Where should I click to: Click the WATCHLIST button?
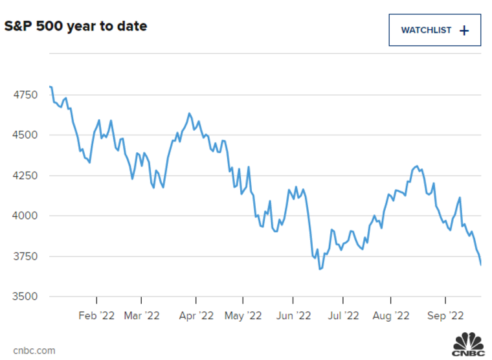pyautogui.click(x=434, y=30)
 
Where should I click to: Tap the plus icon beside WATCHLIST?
pyautogui.click(x=464, y=30)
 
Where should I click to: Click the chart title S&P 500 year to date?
pyautogui.click(x=76, y=27)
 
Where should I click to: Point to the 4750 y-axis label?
pyautogui.click(x=25, y=95)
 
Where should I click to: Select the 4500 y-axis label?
pyautogui.click(x=25, y=135)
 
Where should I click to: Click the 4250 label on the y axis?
pyautogui.click(x=25, y=175)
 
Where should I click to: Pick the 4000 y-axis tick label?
pyautogui.click(x=25, y=216)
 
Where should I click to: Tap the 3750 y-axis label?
pyautogui.click(x=25, y=256)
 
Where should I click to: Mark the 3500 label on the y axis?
pyautogui.click(x=25, y=297)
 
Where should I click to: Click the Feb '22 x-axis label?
pyautogui.click(x=96, y=315)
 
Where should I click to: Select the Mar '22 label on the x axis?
pyautogui.click(x=142, y=315)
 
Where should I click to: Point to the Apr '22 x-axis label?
pyautogui.click(x=196, y=315)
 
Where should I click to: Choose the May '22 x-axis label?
pyautogui.click(x=243, y=315)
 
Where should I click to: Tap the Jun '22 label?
pyautogui.click(x=293, y=315)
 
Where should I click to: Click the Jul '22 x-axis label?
pyautogui.click(x=343, y=315)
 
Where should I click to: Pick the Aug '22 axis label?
pyautogui.click(x=391, y=315)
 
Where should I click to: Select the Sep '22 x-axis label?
pyautogui.click(x=445, y=315)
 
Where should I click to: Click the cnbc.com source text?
pyautogui.click(x=34, y=350)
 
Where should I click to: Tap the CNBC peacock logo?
pyautogui.click(x=469, y=344)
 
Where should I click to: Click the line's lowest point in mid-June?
pyautogui.click(x=320, y=269)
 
